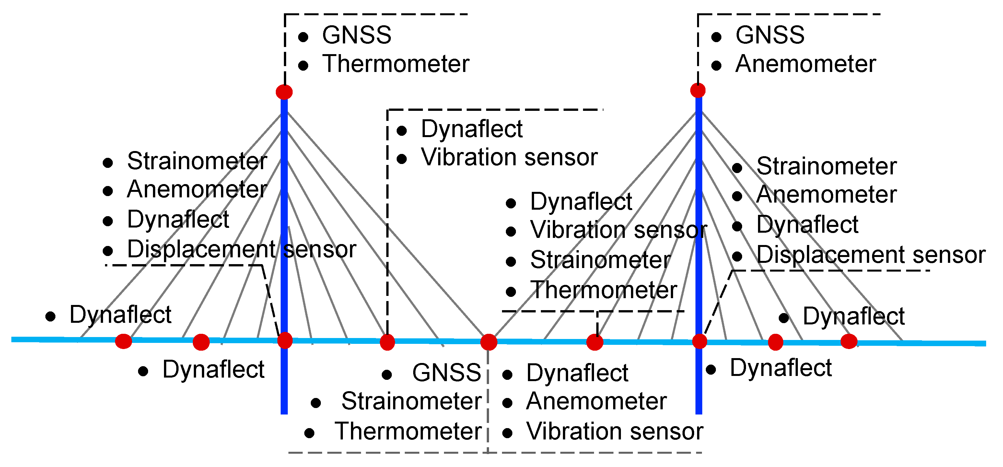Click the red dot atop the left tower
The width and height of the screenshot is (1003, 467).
[x=284, y=92]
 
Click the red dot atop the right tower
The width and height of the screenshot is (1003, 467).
[x=698, y=90]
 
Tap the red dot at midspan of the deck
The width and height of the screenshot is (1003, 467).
[x=489, y=342]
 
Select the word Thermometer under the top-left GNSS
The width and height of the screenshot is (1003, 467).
[x=396, y=64]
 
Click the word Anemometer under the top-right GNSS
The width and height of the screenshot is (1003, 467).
[x=805, y=64]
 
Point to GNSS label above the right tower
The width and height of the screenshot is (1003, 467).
[x=770, y=35]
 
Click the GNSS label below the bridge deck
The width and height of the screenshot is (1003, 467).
[x=447, y=373]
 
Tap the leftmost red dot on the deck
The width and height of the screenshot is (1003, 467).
[x=123, y=341]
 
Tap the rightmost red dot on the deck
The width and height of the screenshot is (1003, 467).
[x=849, y=342]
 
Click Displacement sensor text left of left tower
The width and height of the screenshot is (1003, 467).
[x=241, y=249]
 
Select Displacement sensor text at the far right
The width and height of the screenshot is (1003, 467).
[x=870, y=255]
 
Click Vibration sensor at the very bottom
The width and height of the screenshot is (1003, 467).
[x=614, y=432]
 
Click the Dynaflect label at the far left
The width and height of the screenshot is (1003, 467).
[x=120, y=315]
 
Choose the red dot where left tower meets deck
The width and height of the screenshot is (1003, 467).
[x=285, y=340]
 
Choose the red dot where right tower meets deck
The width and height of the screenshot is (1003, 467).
[x=699, y=342]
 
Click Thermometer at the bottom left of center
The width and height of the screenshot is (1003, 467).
[x=408, y=432]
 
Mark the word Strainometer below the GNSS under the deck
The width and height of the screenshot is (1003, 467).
[x=411, y=401]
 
